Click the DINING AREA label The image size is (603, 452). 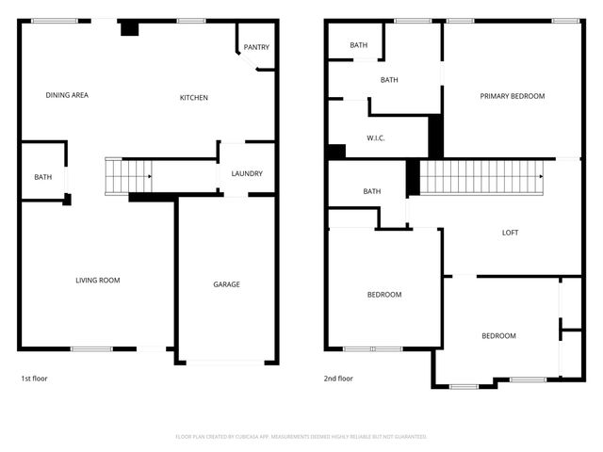pyautogui.click(x=67, y=95)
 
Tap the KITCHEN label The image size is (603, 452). pyautogui.click(x=194, y=98)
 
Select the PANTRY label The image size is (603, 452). pyautogui.click(x=256, y=47)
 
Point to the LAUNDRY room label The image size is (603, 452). pyautogui.click(x=247, y=173)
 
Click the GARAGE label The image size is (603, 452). pyautogui.click(x=226, y=284)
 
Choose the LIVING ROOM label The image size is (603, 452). pyautogui.click(x=98, y=280)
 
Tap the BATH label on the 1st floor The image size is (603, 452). pyautogui.click(x=43, y=177)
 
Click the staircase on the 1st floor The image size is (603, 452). pyautogui.click(x=128, y=176)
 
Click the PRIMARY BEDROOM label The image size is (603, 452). pyautogui.click(x=513, y=96)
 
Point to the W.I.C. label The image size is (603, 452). pyautogui.click(x=377, y=138)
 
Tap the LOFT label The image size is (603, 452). pyautogui.click(x=510, y=233)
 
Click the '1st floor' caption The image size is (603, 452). pyautogui.click(x=34, y=379)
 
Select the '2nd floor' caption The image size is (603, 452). pyautogui.click(x=338, y=379)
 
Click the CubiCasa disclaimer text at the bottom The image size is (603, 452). pyautogui.click(x=301, y=437)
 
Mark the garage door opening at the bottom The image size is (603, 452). pyautogui.click(x=225, y=363)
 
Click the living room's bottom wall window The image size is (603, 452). pyautogui.click(x=91, y=349)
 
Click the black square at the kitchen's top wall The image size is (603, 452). pyautogui.click(x=129, y=28)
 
